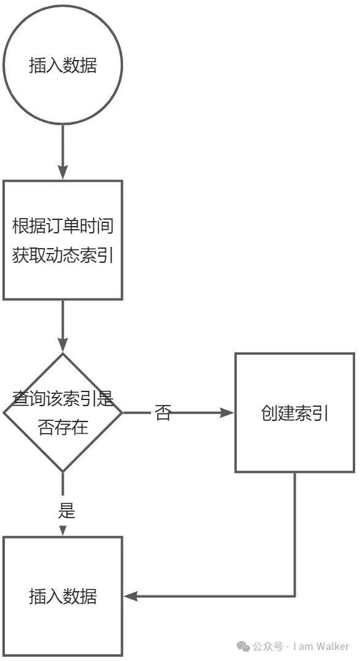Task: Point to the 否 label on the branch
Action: point(163,413)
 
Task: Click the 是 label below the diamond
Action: point(66,510)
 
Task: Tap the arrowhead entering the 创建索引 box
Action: point(228,413)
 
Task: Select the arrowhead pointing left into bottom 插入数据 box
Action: point(130,596)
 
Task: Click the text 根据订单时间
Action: point(63,227)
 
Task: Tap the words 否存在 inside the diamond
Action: point(63,428)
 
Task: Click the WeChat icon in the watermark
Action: point(243,646)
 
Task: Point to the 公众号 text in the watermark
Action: point(268,646)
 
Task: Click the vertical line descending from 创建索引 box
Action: point(294,534)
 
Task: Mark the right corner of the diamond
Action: point(122,412)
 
